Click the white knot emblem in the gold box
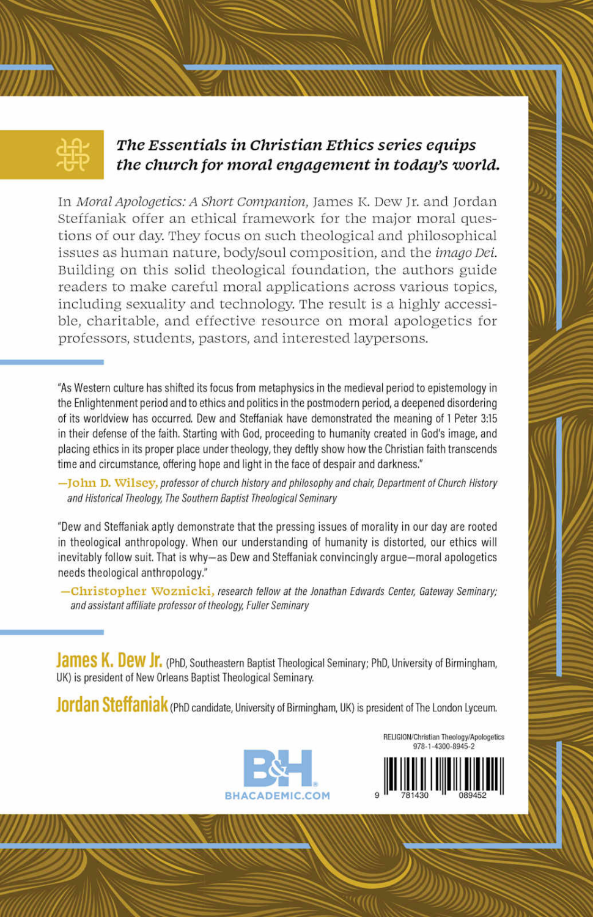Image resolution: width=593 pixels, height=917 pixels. (73, 155)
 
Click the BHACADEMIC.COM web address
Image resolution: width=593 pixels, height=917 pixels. (278, 795)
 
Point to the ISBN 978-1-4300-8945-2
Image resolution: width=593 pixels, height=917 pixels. (444, 746)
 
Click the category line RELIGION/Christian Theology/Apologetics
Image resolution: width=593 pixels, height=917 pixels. (444, 737)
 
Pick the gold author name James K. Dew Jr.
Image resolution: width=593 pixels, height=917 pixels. (109, 661)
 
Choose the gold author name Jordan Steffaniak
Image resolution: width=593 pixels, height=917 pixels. (112, 705)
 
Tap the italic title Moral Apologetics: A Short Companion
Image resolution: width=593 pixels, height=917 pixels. (191, 202)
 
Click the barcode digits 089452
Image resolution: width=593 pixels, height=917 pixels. (473, 795)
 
